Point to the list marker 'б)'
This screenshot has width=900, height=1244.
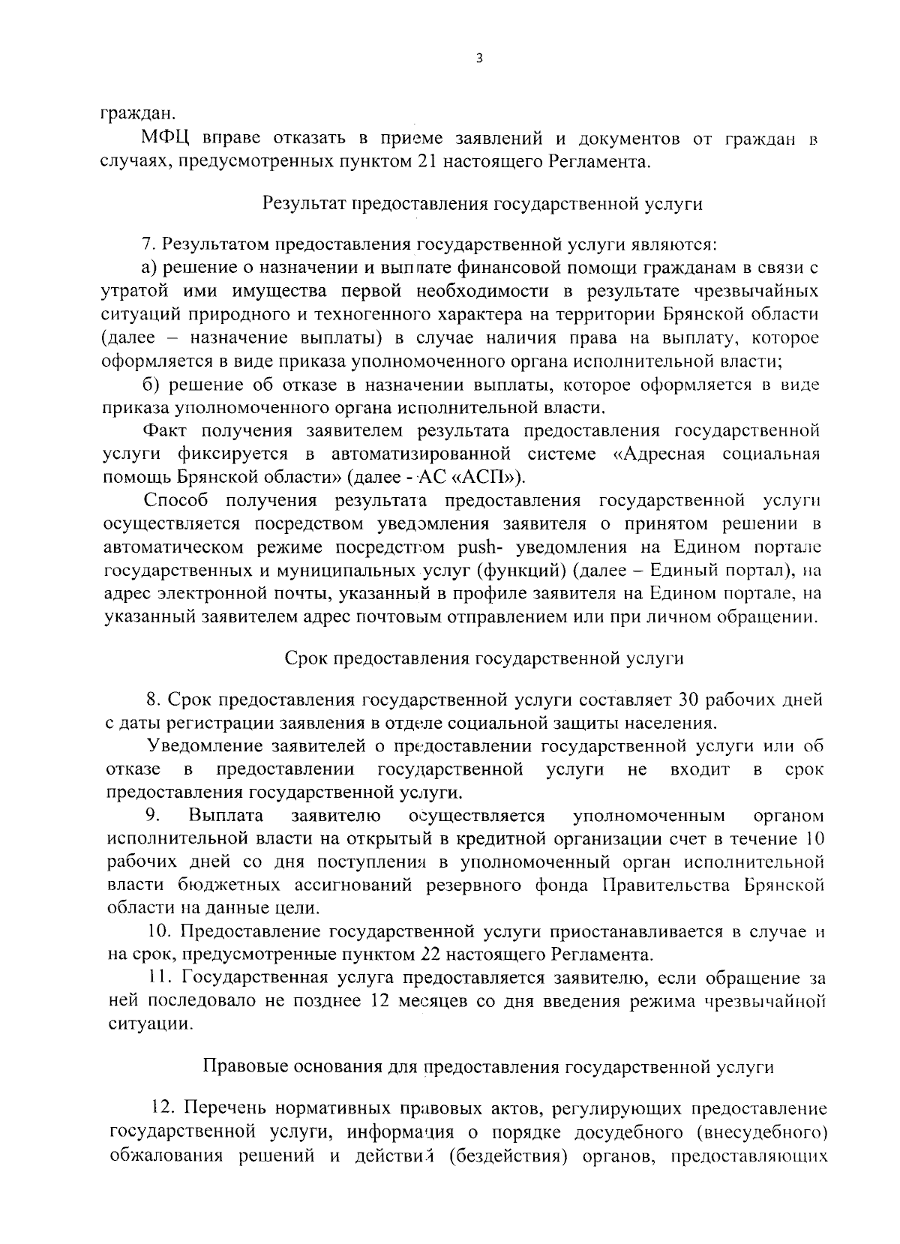(150, 385)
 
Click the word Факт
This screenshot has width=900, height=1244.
(162, 431)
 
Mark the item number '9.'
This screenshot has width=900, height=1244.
(154, 815)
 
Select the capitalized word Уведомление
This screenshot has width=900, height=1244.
(205, 746)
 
